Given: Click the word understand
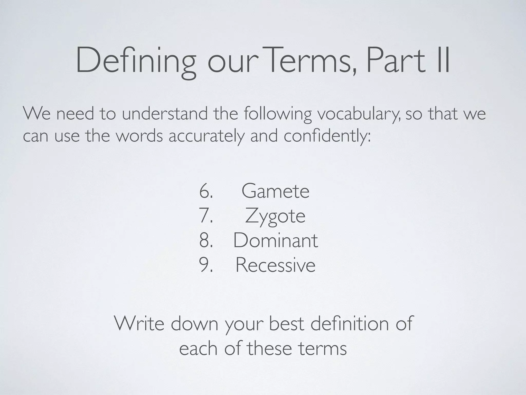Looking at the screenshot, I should click(165, 113).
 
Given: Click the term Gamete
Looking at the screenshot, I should click(275, 191).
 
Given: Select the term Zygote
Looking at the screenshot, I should click(275, 217).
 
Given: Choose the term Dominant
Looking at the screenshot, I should click(275, 240).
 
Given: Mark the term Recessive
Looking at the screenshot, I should click(275, 265).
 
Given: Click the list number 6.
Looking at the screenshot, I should click(206, 191).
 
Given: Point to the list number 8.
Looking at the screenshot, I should click(206, 240).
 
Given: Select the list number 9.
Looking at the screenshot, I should click(206, 265).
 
